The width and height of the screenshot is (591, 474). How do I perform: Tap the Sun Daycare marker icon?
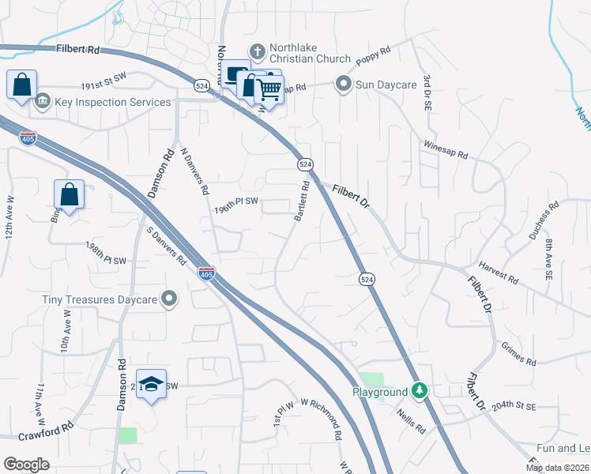(x=344, y=82)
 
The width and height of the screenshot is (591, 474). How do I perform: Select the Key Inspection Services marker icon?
(x=42, y=102)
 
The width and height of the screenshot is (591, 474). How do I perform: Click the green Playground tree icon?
(x=421, y=392)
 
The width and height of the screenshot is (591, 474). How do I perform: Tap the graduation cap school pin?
(x=152, y=384)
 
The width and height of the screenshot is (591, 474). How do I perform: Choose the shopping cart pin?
(x=269, y=92)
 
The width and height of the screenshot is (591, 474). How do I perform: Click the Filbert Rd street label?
(x=78, y=49)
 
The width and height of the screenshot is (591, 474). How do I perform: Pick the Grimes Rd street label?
(x=518, y=355)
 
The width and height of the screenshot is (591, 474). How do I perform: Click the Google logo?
(x=26, y=464)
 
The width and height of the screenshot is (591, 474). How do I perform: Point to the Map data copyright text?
(x=557, y=468)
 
